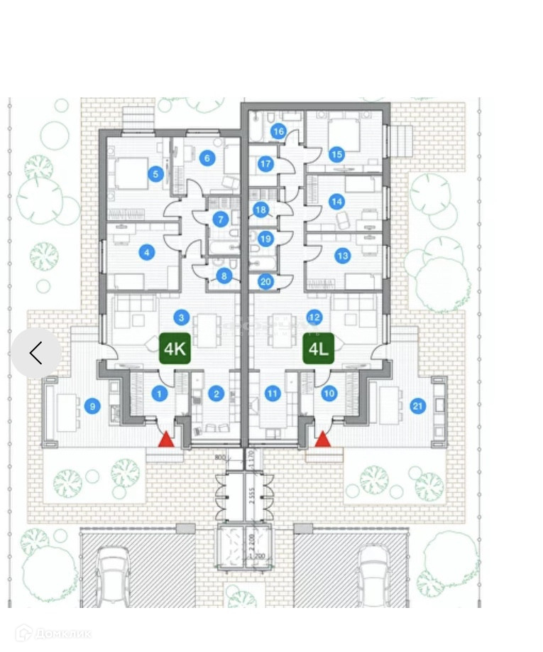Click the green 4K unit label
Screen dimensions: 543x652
175,349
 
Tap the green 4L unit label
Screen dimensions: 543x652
319,349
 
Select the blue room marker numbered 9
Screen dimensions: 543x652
91,406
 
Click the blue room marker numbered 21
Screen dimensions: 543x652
417,406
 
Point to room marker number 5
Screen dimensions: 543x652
156,174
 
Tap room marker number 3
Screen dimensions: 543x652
182,317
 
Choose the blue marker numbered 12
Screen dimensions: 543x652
314,317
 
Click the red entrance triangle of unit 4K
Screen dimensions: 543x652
165,439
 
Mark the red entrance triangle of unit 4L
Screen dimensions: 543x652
323,439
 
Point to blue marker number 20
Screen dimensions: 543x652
265,281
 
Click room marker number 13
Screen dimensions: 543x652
343,256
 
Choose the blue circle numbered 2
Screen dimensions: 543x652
215,393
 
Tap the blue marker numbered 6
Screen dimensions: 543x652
208,158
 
